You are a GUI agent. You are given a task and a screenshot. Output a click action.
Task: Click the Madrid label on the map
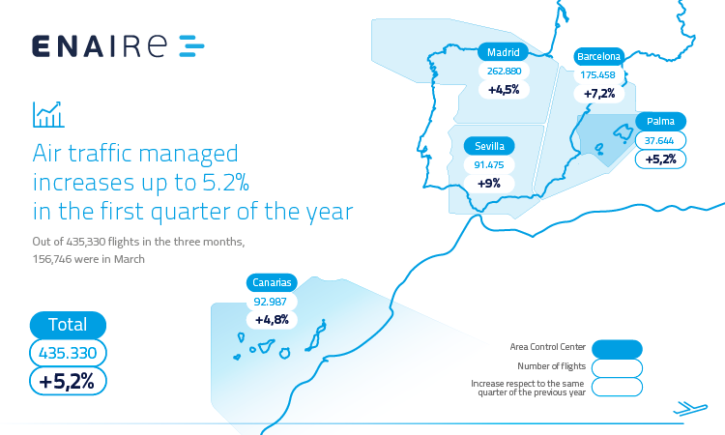503,52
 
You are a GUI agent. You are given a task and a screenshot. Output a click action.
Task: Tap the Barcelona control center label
598,56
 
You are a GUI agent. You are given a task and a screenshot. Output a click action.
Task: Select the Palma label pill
660,121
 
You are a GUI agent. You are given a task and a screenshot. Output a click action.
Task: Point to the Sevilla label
489,146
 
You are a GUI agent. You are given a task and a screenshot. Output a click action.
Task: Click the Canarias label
272,282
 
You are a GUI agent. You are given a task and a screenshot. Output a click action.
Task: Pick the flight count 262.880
504,72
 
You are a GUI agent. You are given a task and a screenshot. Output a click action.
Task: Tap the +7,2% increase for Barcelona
599,94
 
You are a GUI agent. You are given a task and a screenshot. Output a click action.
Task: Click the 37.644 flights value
660,140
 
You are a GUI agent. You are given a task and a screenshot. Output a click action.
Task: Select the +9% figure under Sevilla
489,184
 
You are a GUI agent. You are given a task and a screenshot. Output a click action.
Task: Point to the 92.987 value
272,302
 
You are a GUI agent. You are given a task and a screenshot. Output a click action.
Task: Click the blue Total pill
68,325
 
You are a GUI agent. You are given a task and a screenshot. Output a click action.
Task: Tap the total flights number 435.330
68,353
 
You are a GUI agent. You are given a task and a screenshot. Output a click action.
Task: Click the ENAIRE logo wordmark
100,46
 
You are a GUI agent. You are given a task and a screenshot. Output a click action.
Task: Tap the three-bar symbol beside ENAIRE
191,45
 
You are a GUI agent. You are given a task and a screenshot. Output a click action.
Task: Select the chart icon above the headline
48,115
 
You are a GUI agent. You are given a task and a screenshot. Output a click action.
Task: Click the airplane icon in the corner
690,408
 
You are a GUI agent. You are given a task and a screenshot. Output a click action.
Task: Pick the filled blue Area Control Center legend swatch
617,349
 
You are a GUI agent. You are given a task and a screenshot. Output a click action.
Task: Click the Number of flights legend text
552,366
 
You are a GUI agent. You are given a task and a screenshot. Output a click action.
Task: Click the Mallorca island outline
623,132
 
